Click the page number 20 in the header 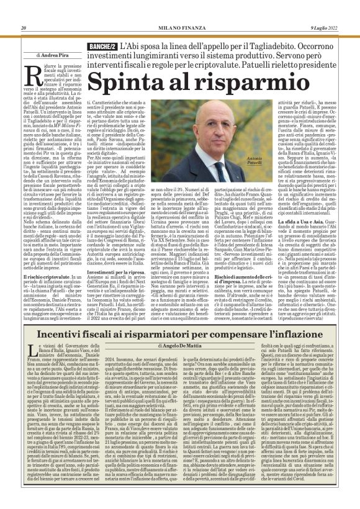[23, 27]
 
